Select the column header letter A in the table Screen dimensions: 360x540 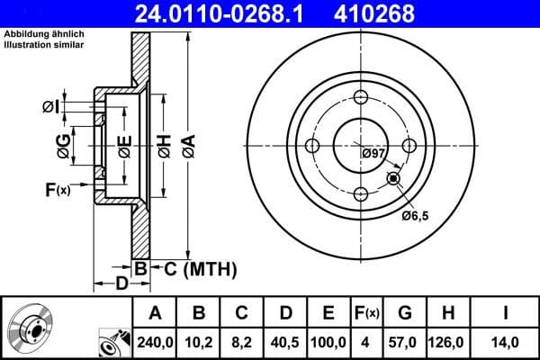point(155,313)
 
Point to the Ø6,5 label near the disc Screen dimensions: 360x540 point(415,215)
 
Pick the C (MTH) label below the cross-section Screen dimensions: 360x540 point(199,267)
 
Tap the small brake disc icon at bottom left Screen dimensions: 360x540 point(30,328)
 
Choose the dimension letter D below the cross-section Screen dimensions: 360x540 point(121,284)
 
